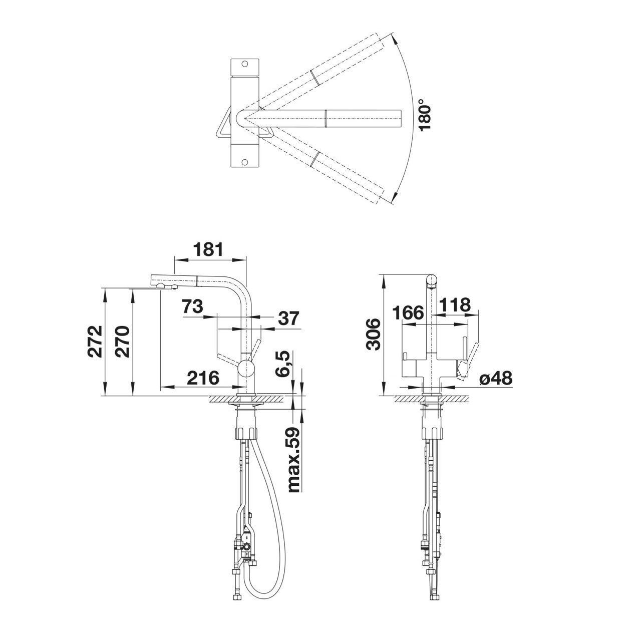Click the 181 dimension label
tap(208, 249)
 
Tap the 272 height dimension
tap(95, 342)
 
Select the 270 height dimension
tap(122, 342)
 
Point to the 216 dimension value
tap(203, 378)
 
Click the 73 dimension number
tap(193, 306)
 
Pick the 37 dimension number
tap(288, 318)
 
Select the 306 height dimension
tap(373, 334)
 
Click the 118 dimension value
tap(455, 304)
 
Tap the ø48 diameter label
tap(496, 378)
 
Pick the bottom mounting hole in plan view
tap(245, 162)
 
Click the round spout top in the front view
tap(432, 281)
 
